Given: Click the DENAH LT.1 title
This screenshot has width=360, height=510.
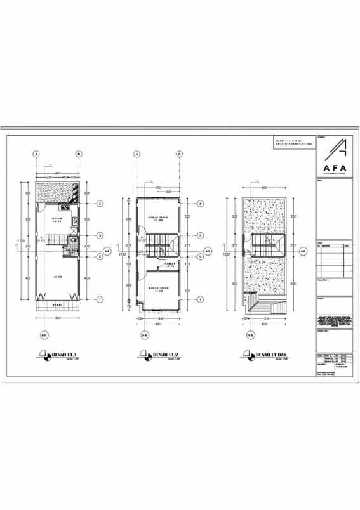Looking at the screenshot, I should [63, 353].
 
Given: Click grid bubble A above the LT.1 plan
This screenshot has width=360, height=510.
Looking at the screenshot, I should [37, 154].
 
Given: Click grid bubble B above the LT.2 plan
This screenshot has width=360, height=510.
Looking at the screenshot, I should [180, 154].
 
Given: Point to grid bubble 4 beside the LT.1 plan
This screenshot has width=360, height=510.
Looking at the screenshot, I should [100, 204].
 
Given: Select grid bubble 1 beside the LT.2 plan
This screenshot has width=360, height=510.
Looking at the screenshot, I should [200, 299].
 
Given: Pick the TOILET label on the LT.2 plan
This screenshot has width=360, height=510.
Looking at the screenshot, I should [170, 265].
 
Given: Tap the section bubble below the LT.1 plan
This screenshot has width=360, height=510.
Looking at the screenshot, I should [44, 334].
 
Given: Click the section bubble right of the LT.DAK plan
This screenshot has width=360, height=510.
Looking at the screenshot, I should [302, 252].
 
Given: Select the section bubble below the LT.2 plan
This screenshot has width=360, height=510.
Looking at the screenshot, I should [144, 334].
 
